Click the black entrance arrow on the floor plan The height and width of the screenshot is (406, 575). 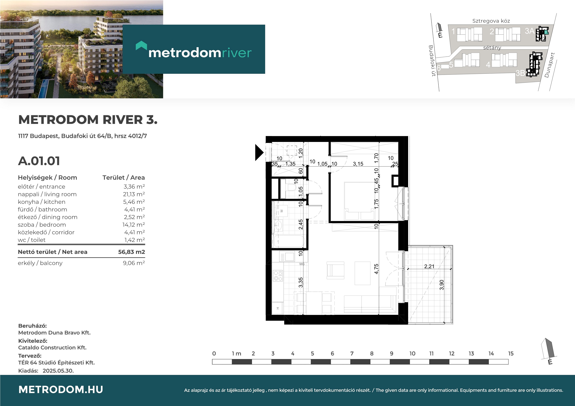click(x=259, y=152)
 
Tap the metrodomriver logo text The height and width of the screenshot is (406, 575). click(x=200, y=53)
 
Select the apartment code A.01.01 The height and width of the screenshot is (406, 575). click(x=39, y=161)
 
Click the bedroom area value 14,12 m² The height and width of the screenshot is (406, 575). click(x=133, y=225)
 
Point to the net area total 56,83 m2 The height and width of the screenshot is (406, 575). click(x=131, y=252)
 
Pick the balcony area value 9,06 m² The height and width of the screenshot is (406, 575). click(x=134, y=263)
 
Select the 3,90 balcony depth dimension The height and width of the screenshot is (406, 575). click(x=442, y=285)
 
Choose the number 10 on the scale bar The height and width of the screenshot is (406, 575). click(x=412, y=353)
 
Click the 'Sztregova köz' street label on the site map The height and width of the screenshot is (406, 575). click(x=491, y=21)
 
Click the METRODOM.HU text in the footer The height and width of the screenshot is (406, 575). click(x=61, y=389)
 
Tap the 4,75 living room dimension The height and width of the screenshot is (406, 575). click(x=376, y=269)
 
